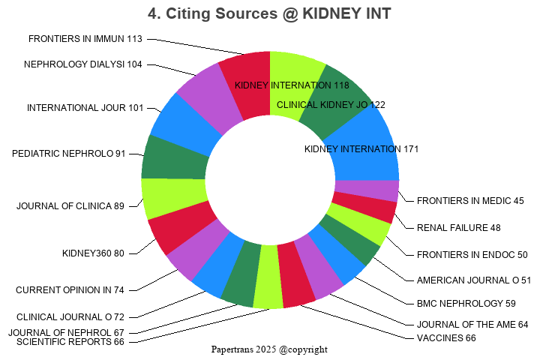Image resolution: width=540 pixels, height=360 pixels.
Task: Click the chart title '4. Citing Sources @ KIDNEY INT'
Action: (269, 13)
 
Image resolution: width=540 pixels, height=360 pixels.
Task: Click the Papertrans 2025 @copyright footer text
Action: (269, 349)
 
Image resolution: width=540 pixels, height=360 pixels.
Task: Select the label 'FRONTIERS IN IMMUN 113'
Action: (85, 39)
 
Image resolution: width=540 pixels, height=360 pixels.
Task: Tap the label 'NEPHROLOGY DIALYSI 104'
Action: (82, 64)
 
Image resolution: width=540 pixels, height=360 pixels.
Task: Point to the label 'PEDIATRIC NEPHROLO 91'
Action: (69, 154)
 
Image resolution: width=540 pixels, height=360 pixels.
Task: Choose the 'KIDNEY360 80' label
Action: (93, 253)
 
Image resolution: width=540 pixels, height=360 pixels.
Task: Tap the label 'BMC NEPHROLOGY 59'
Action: (456, 304)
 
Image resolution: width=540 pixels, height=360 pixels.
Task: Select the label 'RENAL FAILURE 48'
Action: (459, 228)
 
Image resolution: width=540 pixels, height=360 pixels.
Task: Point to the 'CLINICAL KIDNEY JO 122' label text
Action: (331, 105)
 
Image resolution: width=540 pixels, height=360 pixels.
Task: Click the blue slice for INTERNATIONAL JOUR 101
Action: (178, 124)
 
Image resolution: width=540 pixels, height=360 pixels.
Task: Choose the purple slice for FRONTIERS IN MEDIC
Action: (366, 190)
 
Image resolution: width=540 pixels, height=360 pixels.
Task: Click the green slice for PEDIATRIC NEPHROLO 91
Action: (174, 157)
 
